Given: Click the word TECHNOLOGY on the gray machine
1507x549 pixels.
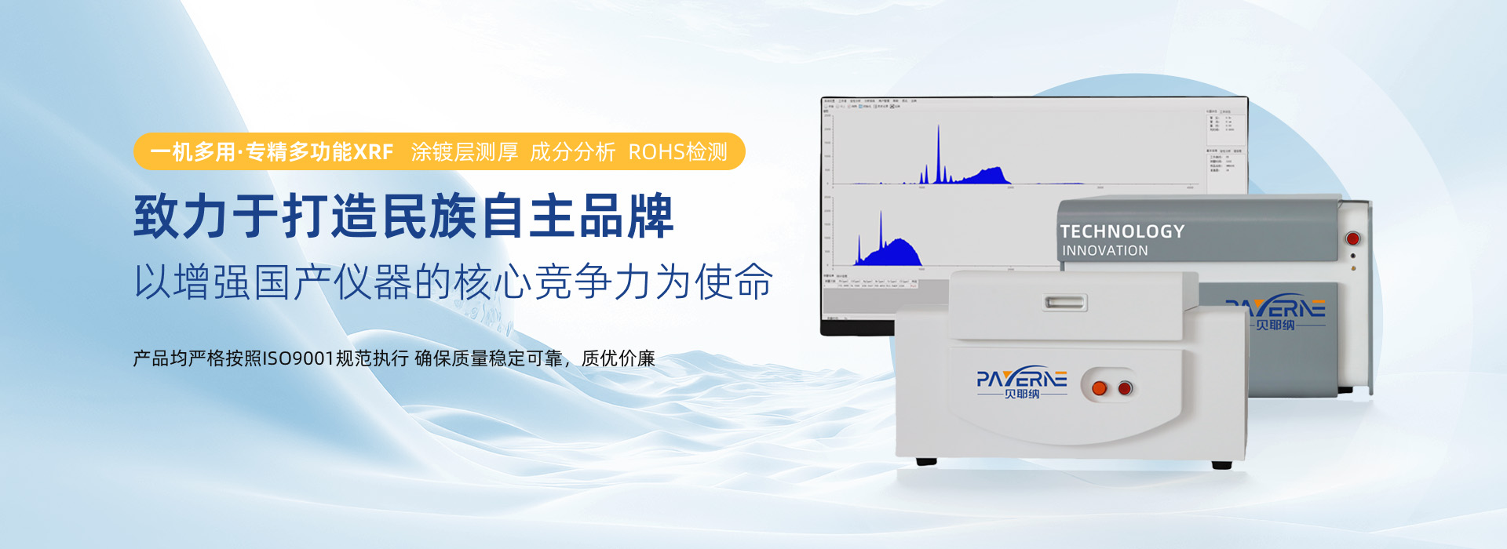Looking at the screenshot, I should [x=1122, y=231].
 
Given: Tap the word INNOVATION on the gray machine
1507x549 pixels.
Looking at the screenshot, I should [x=1104, y=251].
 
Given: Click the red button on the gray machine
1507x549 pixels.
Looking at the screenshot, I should [x=1352, y=238].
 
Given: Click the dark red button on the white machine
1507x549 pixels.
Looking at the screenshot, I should [x=1125, y=388].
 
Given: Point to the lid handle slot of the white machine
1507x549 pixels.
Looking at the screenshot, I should [x=1065, y=302].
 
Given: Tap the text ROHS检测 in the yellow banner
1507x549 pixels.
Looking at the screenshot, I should [x=677, y=152].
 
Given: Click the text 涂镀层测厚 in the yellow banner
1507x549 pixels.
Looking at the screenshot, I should [x=464, y=152].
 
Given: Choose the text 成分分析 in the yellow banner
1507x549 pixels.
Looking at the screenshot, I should [x=572, y=152].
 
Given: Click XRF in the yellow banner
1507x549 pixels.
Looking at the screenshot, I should [x=373, y=152].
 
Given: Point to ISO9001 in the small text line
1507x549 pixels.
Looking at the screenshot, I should [x=297, y=359].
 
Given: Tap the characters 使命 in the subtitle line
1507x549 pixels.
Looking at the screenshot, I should [x=734, y=282].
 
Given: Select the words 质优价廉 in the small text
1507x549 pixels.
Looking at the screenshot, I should [x=618, y=359].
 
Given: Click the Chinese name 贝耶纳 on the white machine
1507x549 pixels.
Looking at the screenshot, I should [x=1022, y=394].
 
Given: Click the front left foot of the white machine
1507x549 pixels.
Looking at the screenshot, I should [x=926, y=461].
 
